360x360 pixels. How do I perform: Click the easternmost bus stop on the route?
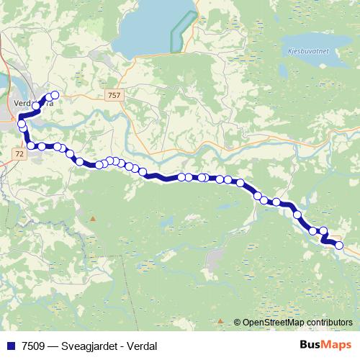pos(339,247)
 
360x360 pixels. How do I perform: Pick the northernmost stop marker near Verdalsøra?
pos(54,94)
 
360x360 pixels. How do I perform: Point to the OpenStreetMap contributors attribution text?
pos(297,323)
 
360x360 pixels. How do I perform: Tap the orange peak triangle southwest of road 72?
pos(92,217)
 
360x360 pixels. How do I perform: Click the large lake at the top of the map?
pos(155,29)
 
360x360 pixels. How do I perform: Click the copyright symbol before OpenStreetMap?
pos(238,323)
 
